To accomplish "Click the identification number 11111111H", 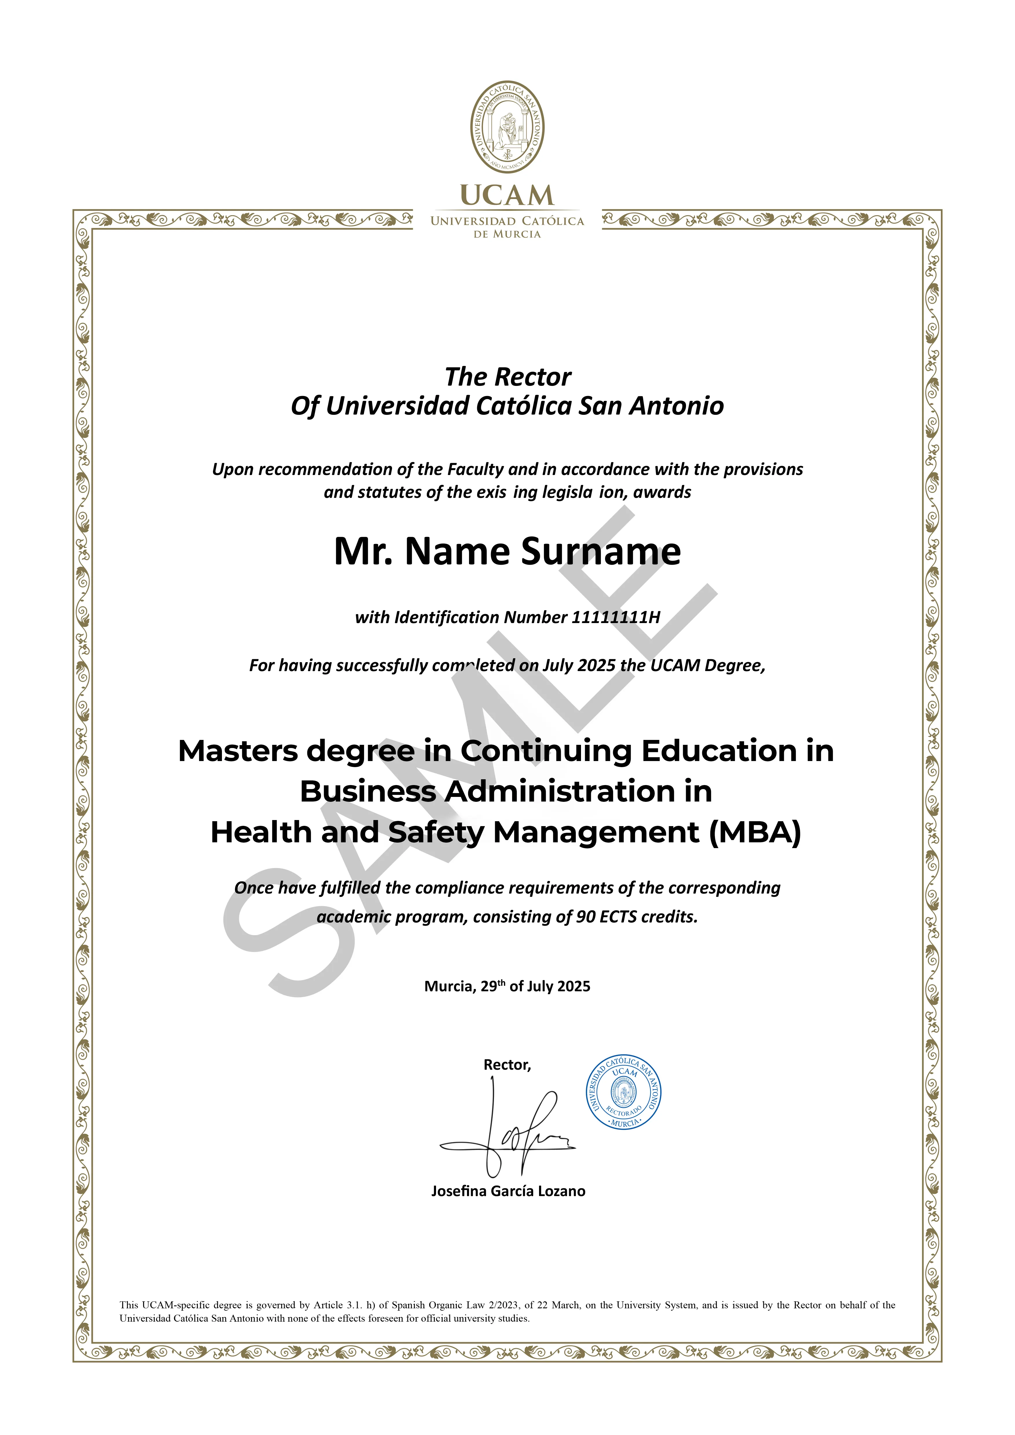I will point(616,618).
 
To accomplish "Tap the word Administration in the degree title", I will point(556,792).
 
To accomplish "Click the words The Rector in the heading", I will point(507,377).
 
